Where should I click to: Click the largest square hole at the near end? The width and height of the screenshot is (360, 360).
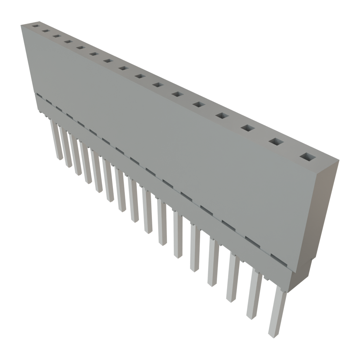click(308, 156)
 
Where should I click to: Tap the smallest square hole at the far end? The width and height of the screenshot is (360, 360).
click(36, 26)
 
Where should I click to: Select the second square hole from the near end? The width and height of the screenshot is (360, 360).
click(277, 142)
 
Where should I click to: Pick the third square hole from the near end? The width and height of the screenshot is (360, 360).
click(247, 128)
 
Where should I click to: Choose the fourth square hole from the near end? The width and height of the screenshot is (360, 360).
click(222, 116)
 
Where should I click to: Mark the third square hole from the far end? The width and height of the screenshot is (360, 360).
click(56, 36)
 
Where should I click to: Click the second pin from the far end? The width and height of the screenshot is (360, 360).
click(65, 148)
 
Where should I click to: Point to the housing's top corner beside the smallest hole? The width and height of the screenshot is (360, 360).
click(21, 25)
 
